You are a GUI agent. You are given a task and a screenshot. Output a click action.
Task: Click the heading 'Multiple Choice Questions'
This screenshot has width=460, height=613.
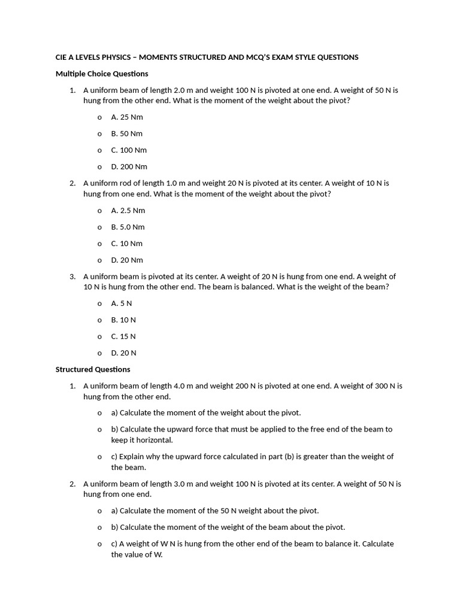tap(102, 74)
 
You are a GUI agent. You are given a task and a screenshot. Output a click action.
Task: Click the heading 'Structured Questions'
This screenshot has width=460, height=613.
tap(93, 369)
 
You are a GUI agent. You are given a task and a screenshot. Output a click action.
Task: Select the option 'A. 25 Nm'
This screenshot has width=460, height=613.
tap(127, 117)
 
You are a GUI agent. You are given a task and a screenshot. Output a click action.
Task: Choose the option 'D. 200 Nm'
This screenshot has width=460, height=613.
tap(129, 166)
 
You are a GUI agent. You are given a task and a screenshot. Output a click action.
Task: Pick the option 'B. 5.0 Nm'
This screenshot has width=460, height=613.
tap(128, 227)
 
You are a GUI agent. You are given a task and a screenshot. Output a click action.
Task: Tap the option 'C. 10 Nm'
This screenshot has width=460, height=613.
tap(127, 244)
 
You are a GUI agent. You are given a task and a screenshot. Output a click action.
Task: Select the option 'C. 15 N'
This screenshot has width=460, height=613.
tap(123, 336)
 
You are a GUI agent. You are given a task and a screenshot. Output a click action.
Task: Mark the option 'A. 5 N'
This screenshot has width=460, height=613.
tap(122, 304)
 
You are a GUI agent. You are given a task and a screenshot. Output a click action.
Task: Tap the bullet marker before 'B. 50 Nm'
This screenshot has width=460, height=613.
tap(99, 134)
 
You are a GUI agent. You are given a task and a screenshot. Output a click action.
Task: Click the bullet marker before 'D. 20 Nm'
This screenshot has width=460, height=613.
tap(99, 260)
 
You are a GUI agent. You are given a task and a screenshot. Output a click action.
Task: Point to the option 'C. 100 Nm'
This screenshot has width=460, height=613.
tap(129, 150)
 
